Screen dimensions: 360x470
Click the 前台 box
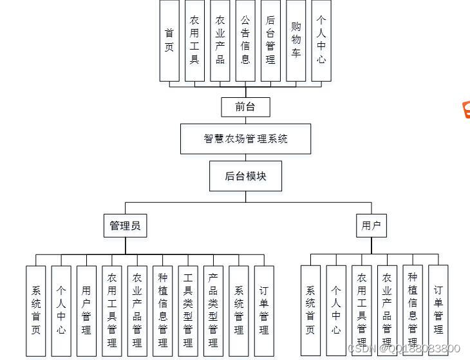point(245,106)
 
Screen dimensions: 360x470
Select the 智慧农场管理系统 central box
point(245,138)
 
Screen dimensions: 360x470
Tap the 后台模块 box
point(245,176)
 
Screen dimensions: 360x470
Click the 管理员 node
point(125,225)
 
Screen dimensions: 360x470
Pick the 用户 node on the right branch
point(371,225)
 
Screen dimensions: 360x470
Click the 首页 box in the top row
point(169,40)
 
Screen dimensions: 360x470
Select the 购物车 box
point(296,40)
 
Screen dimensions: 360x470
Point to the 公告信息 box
point(245,40)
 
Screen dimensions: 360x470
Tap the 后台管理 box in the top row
point(270,40)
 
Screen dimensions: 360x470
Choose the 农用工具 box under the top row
point(194,40)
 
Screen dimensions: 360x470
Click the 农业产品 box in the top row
point(220,40)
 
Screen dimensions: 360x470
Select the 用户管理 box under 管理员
point(86,310)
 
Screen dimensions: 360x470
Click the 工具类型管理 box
point(188,310)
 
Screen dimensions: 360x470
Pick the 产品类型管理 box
point(213,310)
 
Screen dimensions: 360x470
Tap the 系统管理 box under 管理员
point(239,310)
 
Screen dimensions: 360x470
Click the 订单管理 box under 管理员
point(264,310)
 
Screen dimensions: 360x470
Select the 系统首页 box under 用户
point(310,310)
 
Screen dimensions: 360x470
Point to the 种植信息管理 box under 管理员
point(162,310)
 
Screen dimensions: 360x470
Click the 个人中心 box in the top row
point(321,40)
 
